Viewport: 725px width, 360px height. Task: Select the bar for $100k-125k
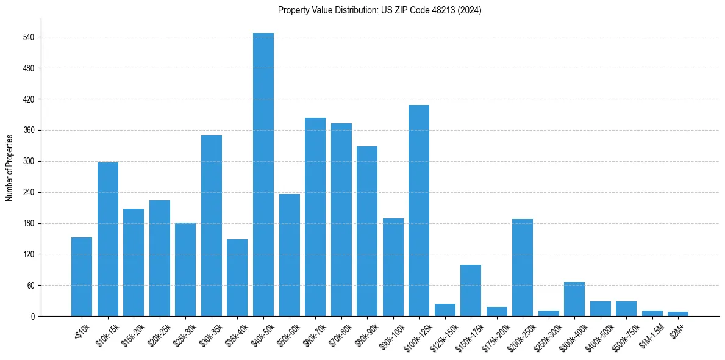coord(419,211)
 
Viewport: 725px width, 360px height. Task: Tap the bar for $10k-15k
coord(108,239)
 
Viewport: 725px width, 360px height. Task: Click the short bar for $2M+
coord(678,314)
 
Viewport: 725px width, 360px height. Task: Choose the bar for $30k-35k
coord(212,226)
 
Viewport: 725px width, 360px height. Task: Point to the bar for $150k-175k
coord(471,290)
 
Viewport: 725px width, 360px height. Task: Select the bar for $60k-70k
coord(315,217)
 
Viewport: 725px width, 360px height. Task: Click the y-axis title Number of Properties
coord(9,167)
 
